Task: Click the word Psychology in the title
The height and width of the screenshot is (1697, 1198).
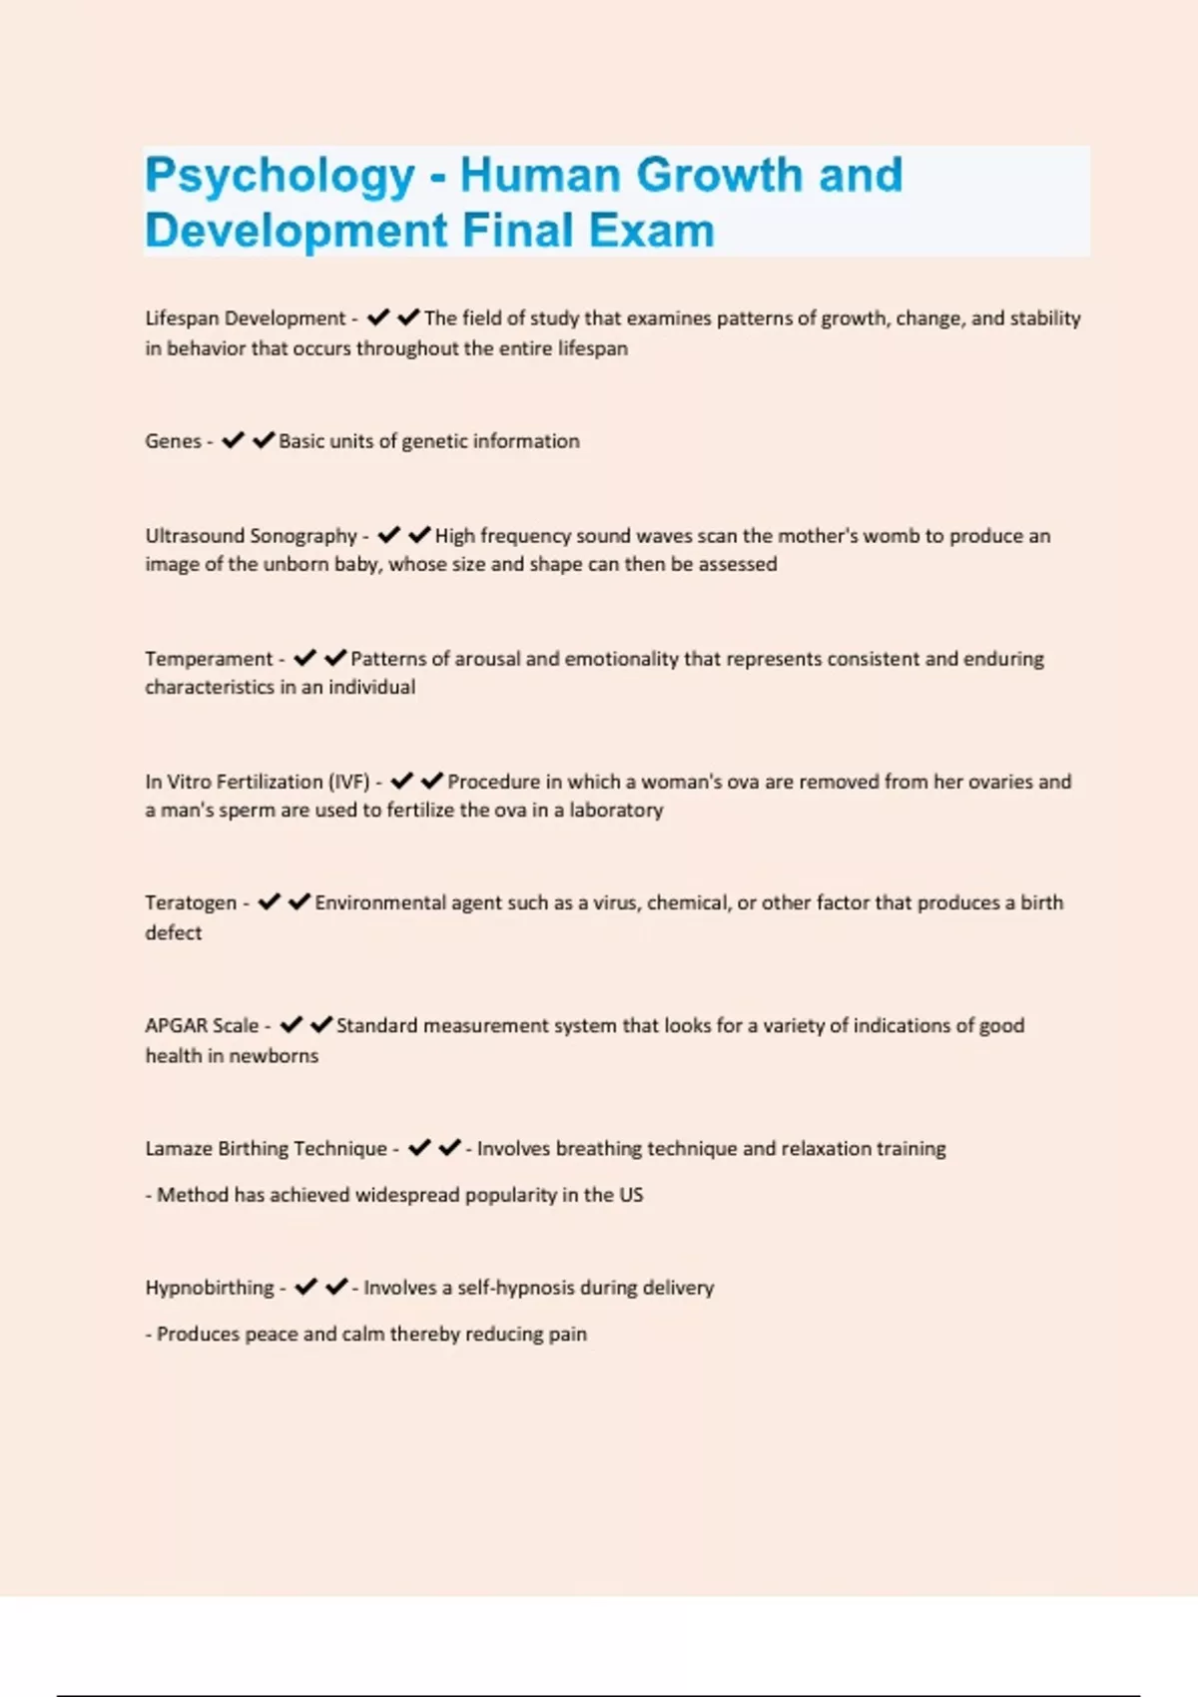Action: (x=280, y=176)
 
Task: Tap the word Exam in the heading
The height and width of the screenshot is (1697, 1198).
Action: (x=651, y=231)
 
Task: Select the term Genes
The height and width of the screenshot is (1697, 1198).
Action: (x=173, y=441)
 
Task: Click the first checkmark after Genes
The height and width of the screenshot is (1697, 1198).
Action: (x=233, y=440)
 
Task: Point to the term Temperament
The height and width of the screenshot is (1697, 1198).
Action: (x=208, y=659)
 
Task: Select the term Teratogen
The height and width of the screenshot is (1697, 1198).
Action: (x=191, y=903)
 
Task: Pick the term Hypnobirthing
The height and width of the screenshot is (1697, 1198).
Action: (x=209, y=1288)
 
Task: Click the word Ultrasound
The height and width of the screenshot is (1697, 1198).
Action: (x=194, y=536)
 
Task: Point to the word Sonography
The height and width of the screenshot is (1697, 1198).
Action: (x=303, y=536)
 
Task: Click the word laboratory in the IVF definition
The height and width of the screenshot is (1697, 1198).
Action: (x=616, y=810)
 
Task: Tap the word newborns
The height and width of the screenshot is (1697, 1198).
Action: (x=274, y=1056)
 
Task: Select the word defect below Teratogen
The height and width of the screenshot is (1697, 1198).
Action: (x=173, y=932)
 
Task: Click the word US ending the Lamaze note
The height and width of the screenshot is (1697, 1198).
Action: (x=631, y=1195)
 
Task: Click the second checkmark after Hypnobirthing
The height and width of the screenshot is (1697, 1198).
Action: (x=337, y=1286)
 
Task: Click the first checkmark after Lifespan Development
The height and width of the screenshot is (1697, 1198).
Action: (x=378, y=317)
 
